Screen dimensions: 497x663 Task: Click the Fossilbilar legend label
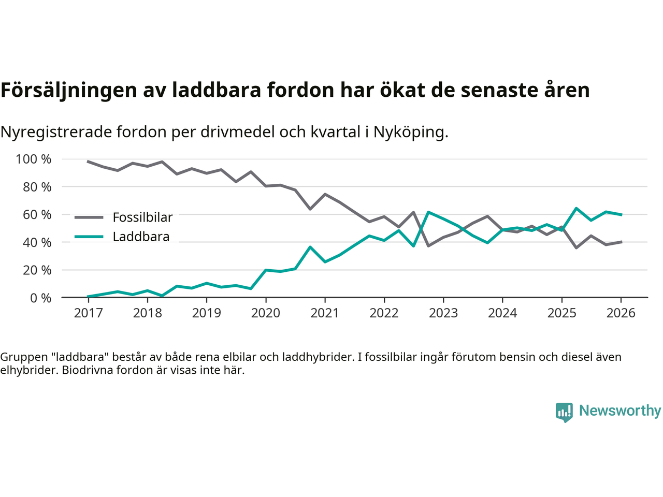click(x=142, y=217)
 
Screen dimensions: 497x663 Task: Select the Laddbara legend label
click(x=141, y=237)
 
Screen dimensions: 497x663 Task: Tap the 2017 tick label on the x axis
click(x=88, y=313)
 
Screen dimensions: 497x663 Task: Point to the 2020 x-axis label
click(x=266, y=313)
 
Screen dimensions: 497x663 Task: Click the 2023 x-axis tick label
click(x=443, y=313)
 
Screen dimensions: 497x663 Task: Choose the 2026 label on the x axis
click(x=621, y=313)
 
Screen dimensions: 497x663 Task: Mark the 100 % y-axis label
click(x=34, y=159)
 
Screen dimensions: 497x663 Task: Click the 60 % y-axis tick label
click(x=37, y=214)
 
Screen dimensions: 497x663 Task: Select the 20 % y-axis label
click(x=37, y=270)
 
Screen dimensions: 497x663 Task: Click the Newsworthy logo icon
click(x=564, y=412)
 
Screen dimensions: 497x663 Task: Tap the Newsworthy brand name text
click(x=619, y=411)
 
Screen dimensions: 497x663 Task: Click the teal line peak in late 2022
click(x=428, y=212)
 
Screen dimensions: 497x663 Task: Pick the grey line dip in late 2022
click(x=428, y=245)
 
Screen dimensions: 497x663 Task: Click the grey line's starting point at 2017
click(x=88, y=162)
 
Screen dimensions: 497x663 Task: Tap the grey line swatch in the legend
click(x=89, y=217)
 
